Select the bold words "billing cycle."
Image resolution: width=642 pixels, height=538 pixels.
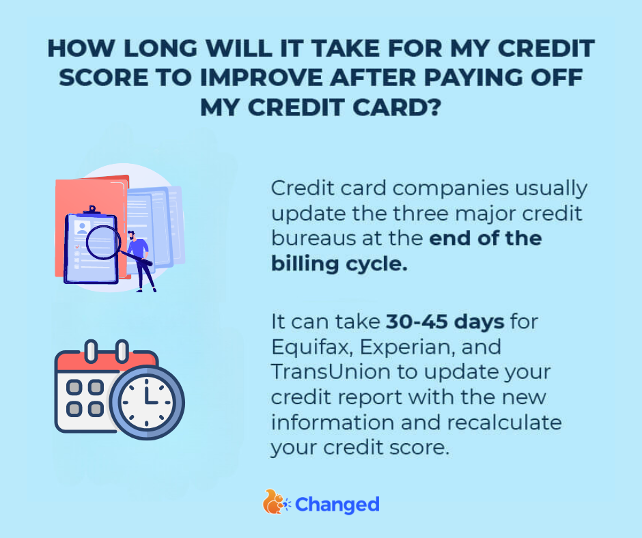(x=339, y=264)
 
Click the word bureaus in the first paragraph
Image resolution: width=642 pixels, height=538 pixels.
(x=310, y=239)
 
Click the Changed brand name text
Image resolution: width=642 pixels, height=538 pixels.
(x=338, y=505)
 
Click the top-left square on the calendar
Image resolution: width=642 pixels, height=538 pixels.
(x=74, y=387)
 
